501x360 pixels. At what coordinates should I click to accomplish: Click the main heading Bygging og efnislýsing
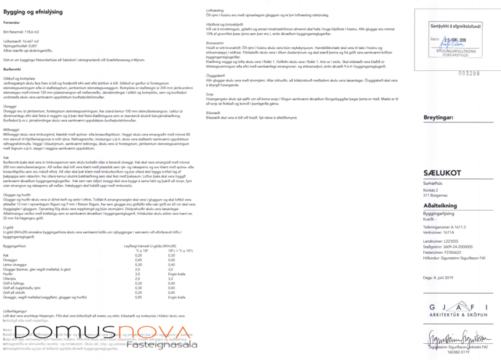pos(34,12)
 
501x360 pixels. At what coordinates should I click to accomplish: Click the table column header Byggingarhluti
pos(15,246)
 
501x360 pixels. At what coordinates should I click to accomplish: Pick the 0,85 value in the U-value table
pos(139,297)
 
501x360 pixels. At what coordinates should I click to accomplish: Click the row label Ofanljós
pos(9,278)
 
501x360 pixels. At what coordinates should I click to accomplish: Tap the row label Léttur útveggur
pos(15,264)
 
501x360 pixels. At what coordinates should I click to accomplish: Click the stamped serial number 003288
pos(469,74)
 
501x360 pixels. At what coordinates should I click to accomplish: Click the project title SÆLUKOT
pos(442,172)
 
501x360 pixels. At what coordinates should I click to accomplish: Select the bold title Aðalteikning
pos(439,206)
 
